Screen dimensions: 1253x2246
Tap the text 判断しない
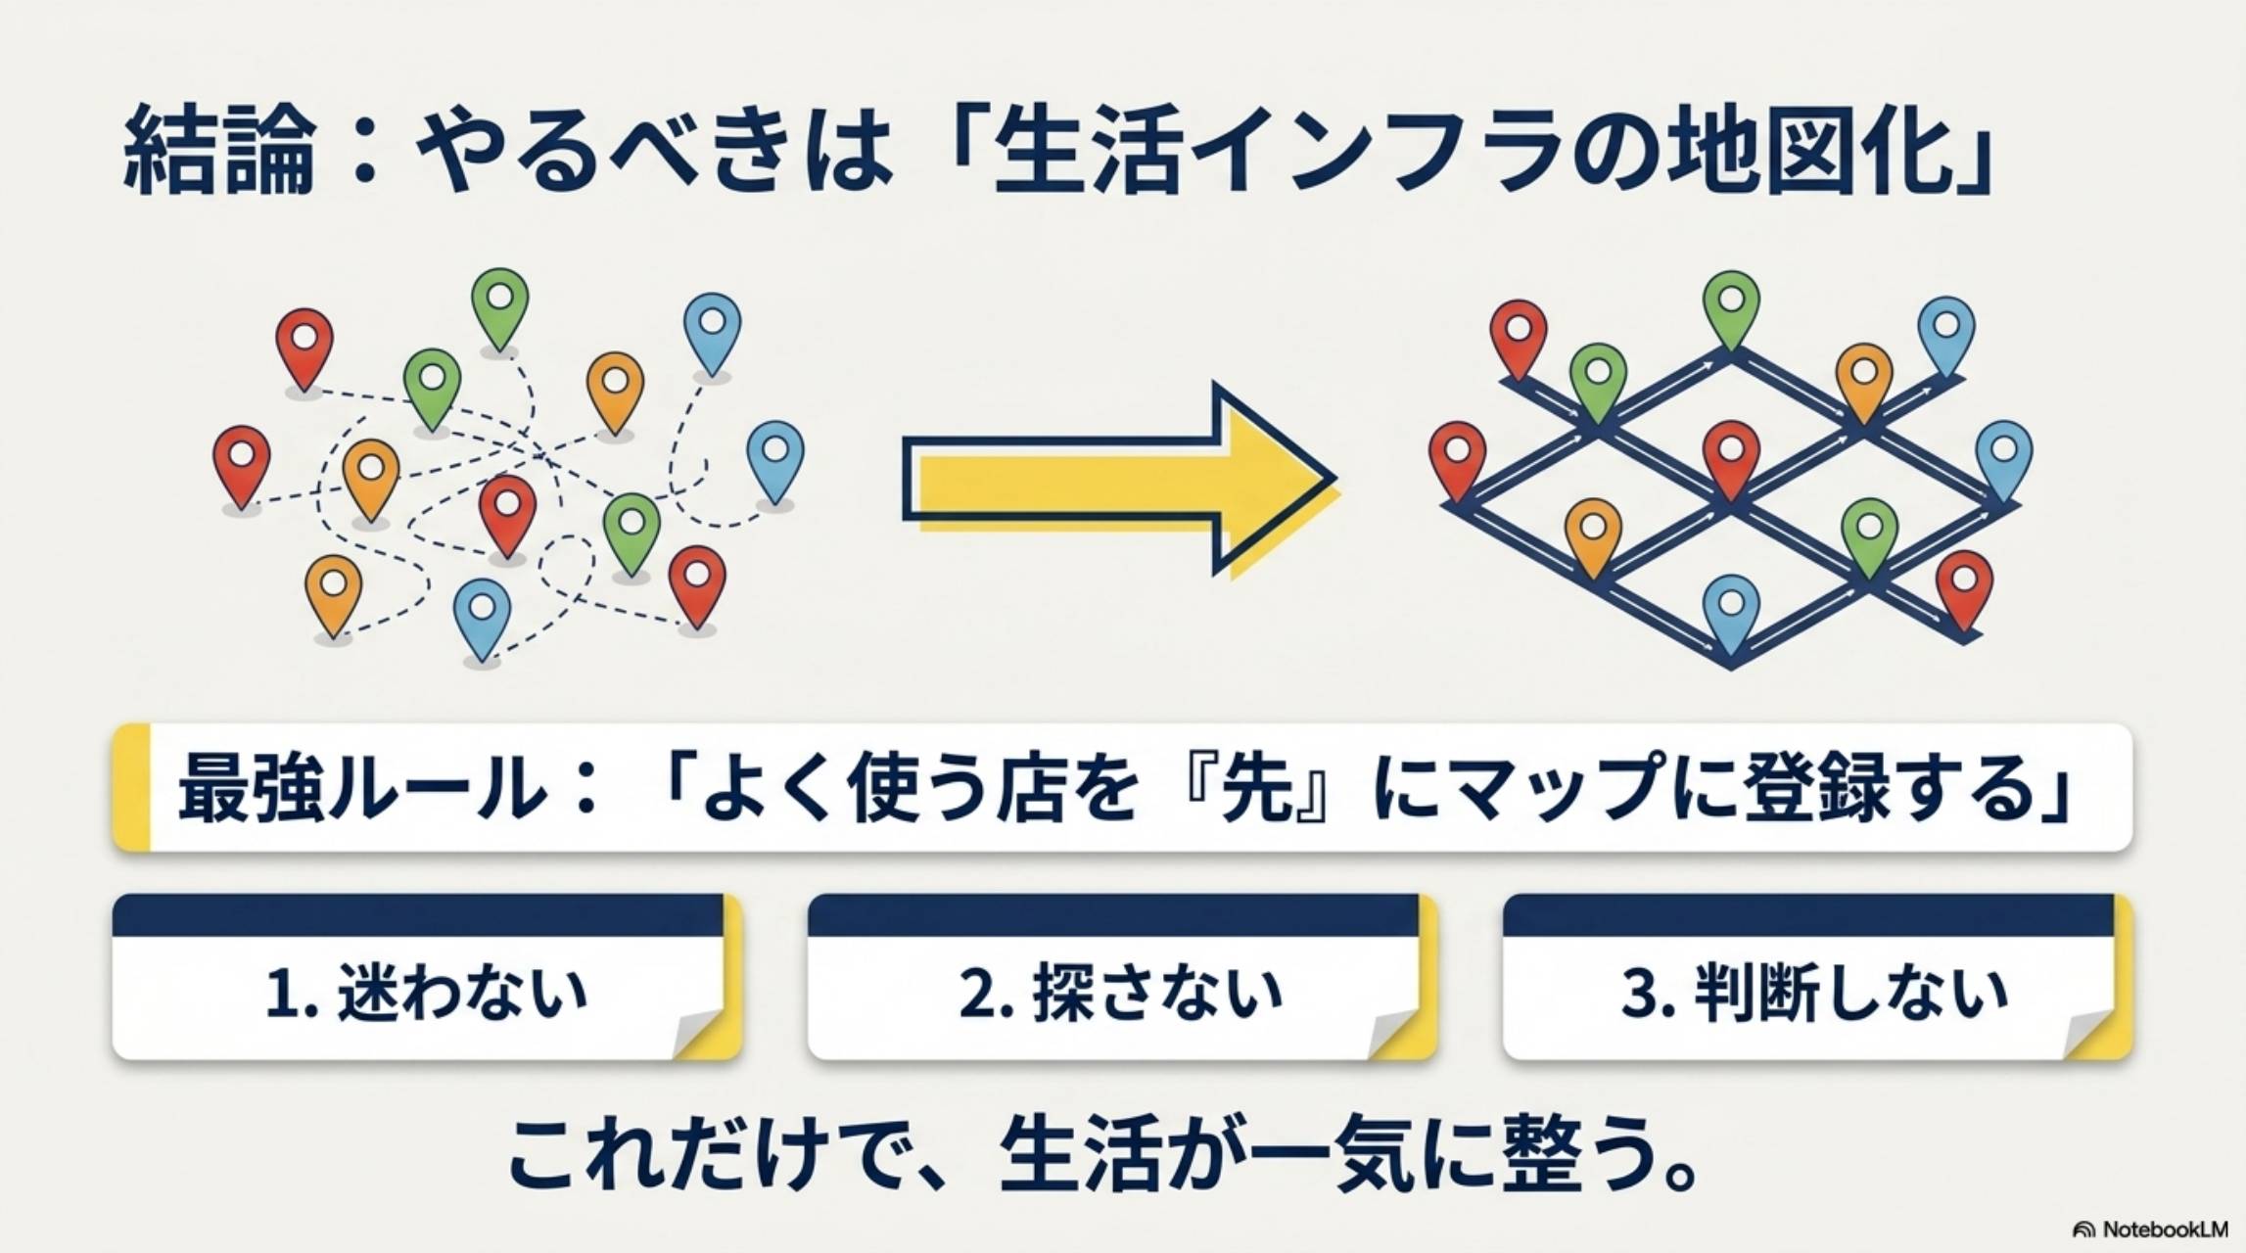click(1850, 993)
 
